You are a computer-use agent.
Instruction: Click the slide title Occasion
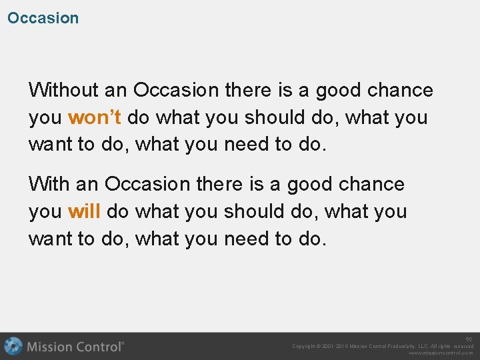pos(43,18)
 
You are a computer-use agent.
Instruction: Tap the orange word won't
pos(95,117)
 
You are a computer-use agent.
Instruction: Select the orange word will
pos(84,211)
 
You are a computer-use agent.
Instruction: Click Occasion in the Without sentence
pos(176,89)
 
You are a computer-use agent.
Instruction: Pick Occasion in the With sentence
pos(147,183)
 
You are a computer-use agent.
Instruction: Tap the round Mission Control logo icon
pos(13,346)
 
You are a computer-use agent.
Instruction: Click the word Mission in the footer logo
pos(50,347)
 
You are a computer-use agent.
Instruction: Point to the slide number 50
pos(469,339)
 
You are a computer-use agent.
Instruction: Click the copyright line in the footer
pos(383,346)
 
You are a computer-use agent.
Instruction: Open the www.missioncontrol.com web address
pos(441,353)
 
